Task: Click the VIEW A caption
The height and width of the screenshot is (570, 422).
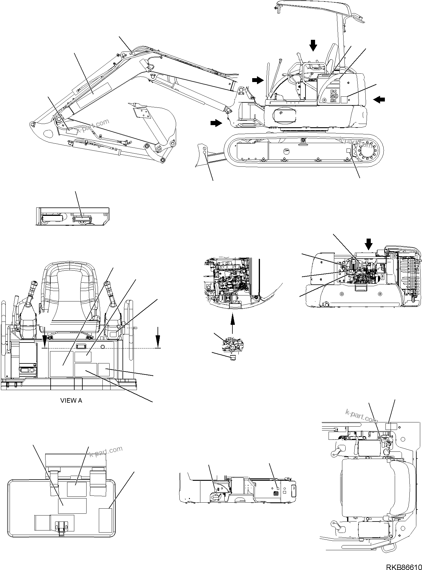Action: point(71,401)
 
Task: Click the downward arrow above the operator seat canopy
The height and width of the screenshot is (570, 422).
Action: point(313,46)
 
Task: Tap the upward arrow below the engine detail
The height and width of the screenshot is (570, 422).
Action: point(233,323)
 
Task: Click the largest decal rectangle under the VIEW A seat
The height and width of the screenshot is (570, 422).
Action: point(61,364)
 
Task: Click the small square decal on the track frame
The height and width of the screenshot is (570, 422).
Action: point(348,151)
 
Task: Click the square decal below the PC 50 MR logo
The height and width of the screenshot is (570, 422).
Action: point(344,100)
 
